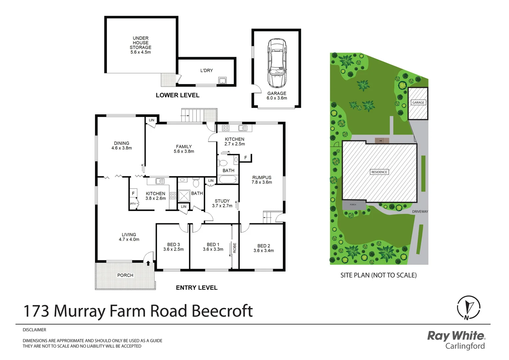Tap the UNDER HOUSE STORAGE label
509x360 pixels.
click(x=141, y=43)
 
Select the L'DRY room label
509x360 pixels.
click(x=207, y=70)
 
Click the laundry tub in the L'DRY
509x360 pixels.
click(x=222, y=80)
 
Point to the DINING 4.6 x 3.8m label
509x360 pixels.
click(x=122, y=146)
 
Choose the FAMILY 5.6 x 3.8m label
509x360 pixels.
click(x=184, y=149)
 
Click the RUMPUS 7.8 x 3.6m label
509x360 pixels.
click(x=262, y=180)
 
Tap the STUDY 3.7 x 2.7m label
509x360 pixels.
click(x=222, y=203)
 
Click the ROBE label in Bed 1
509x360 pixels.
click(x=235, y=248)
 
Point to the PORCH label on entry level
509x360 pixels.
click(x=125, y=275)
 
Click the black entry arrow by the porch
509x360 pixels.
click(x=148, y=263)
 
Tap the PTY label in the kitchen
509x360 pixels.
click(x=133, y=204)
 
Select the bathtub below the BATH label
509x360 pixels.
click(x=228, y=179)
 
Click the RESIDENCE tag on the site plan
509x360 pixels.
click(x=379, y=172)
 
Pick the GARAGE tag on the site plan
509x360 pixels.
click(x=418, y=102)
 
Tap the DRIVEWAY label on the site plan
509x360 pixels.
click(x=420, y=211)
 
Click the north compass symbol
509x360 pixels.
click(x=468, y=307)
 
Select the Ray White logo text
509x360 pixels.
click(x=456, y=336)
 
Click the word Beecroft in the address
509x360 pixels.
click(x=222, y=311)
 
